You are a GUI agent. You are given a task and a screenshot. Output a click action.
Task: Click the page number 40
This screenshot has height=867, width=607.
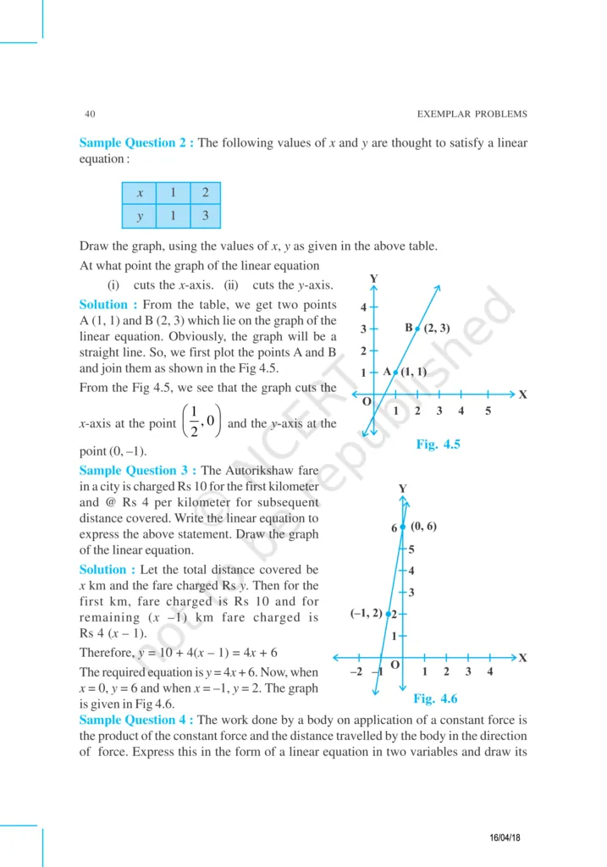tap(90, 113)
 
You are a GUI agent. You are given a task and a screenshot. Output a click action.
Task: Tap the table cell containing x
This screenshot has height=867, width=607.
tap(140, 193)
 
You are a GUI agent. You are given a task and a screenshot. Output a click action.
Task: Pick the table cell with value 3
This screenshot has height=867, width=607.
tap(205, 216)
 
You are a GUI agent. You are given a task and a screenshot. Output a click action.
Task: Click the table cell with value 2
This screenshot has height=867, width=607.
tap(205, 193)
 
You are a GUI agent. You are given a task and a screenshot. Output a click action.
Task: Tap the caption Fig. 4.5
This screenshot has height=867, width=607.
tap(438, 444)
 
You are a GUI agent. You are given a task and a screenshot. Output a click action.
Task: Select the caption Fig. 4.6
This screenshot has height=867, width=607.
tap(435, 699)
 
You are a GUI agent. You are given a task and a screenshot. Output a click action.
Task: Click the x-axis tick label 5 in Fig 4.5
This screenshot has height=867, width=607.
tap(488, 411)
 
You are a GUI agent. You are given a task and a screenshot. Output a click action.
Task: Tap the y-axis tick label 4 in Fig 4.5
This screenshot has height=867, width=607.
tap(363, 307)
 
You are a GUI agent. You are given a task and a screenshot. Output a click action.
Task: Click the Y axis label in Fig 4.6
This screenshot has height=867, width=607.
tap(402, 489)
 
